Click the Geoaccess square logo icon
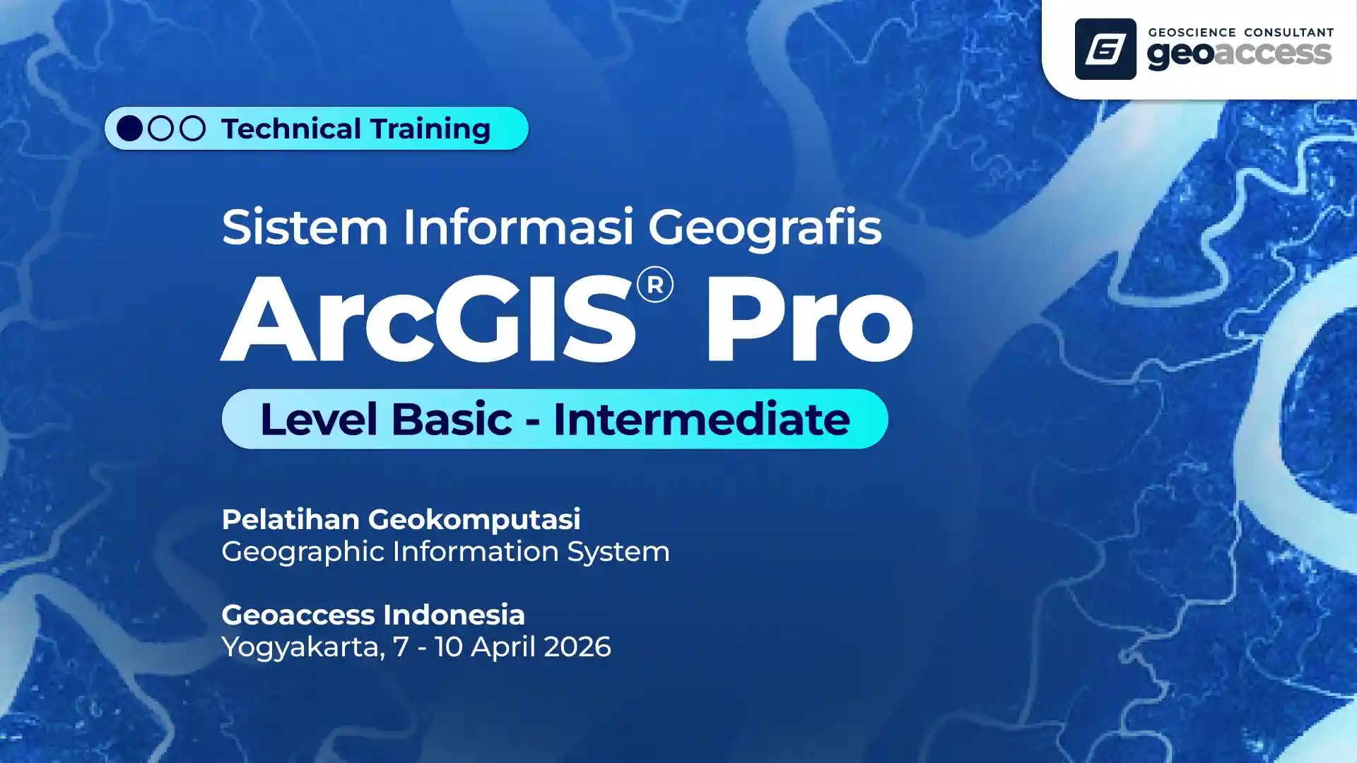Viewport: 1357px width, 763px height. (1105, 49)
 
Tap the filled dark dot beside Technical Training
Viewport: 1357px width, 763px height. (129, 128)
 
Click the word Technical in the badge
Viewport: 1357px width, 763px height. (291, 129)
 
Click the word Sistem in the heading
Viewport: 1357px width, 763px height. (305, 227)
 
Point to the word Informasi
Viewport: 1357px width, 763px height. (518, 227)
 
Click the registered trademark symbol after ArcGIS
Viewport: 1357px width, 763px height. (654, 285)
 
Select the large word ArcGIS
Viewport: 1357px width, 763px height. (428, 319)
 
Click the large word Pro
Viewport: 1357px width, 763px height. (810, 320)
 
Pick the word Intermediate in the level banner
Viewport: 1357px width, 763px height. (701, 419)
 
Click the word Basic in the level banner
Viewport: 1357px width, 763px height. (452, 419)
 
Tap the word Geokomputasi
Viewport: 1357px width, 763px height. (474, 520)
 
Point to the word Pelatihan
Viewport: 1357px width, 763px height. (290, 519)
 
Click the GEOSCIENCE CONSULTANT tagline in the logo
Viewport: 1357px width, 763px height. (1240, 32)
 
